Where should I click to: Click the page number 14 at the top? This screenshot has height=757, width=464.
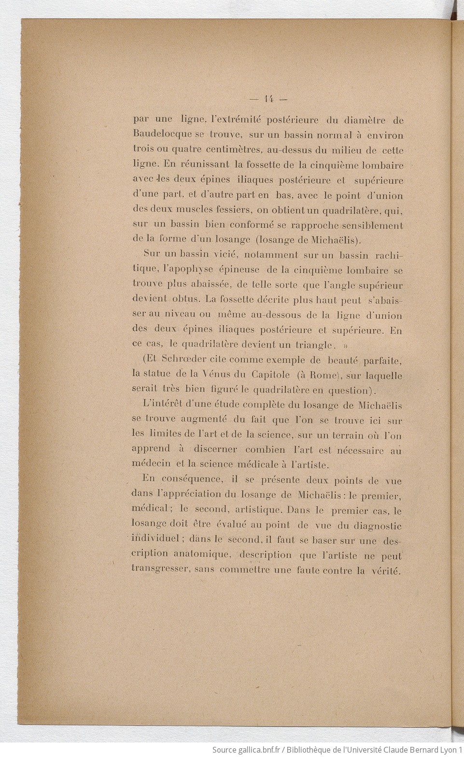(x=269, y=99)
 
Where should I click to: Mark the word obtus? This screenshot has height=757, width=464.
(x=185, y=299)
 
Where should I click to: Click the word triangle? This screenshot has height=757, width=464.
(x=314, y=345)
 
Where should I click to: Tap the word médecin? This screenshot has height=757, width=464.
(x=151, y=464)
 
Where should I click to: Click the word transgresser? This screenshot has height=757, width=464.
(x=160, y=569)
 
